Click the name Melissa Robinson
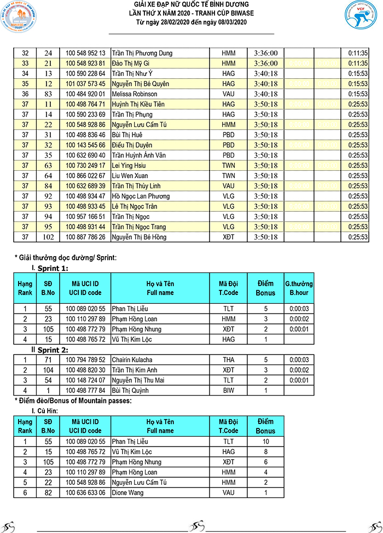(134, 94)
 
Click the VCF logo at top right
(360, 21)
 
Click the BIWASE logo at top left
(20, 21)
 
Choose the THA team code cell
(228, 359)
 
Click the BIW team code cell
(228, 390)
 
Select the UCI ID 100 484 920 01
(85, 94)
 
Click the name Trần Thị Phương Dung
(142, 53)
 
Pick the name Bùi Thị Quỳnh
(131, 390)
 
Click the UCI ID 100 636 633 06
(85, 493)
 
